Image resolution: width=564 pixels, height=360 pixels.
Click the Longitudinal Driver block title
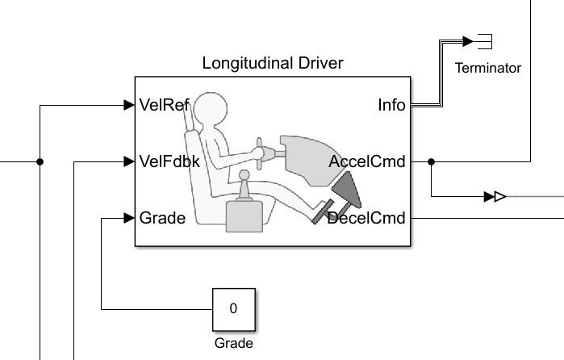273,63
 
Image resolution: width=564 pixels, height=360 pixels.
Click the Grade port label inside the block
162,218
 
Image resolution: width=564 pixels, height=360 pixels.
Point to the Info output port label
391,105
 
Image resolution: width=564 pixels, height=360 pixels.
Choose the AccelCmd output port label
367,161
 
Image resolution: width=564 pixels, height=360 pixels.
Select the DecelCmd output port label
366,218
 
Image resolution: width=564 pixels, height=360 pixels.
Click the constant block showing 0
233,308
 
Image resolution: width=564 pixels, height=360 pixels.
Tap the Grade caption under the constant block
233,343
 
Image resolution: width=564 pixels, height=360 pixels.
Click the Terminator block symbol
484,40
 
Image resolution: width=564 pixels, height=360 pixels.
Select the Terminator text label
487,68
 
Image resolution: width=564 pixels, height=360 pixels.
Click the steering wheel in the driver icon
260,153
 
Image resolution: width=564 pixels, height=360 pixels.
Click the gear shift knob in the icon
243,177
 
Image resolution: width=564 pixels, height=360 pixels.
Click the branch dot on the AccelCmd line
432,161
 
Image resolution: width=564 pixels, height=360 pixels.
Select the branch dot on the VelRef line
40,161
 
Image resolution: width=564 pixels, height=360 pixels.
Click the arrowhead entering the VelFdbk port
128,161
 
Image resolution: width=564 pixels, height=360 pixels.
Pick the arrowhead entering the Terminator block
468,40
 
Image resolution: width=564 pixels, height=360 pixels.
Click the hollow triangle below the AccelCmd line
500,196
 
